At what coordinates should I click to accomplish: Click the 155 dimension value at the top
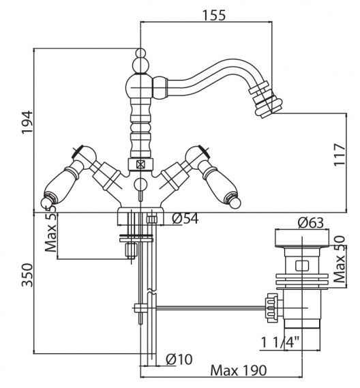(214, 15)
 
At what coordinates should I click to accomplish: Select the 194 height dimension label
(27, 123)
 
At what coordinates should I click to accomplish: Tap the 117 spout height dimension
(340, 155)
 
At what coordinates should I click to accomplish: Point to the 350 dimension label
(27, 275)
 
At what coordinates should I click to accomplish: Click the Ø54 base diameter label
(185, 218)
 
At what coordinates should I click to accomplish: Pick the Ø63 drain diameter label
(311, 222)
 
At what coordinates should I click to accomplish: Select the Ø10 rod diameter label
(179, 359)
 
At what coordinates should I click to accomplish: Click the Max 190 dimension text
(239, 371)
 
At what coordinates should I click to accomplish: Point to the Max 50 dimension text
(339, 259)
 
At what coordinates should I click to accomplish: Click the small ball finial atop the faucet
(140, 53)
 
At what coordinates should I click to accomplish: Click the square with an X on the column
(140, 164)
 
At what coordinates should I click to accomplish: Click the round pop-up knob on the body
(140, 184)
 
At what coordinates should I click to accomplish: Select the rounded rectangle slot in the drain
(302, 266)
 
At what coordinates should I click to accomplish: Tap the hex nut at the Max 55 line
(131, 250)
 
